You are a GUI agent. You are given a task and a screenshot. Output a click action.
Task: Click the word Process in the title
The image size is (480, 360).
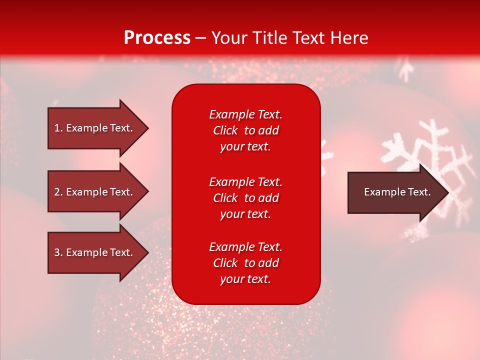point(157,38)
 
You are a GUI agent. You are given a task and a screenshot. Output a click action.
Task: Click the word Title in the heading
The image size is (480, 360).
point(270,38)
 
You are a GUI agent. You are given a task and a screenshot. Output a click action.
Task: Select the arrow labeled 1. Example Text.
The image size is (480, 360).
point(95,128)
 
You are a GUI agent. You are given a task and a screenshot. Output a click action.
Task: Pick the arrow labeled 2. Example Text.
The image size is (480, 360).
point(95,192)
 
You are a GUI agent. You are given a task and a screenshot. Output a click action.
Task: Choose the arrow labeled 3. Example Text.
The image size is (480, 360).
point(95,252)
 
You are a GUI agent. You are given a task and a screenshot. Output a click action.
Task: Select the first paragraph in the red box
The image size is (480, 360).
point(245,130)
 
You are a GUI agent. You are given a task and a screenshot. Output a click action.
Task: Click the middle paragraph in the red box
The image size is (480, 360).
point(245,198)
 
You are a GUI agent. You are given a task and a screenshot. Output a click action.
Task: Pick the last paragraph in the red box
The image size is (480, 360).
point(245,263)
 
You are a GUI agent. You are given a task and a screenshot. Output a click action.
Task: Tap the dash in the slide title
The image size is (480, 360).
point(201,38)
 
